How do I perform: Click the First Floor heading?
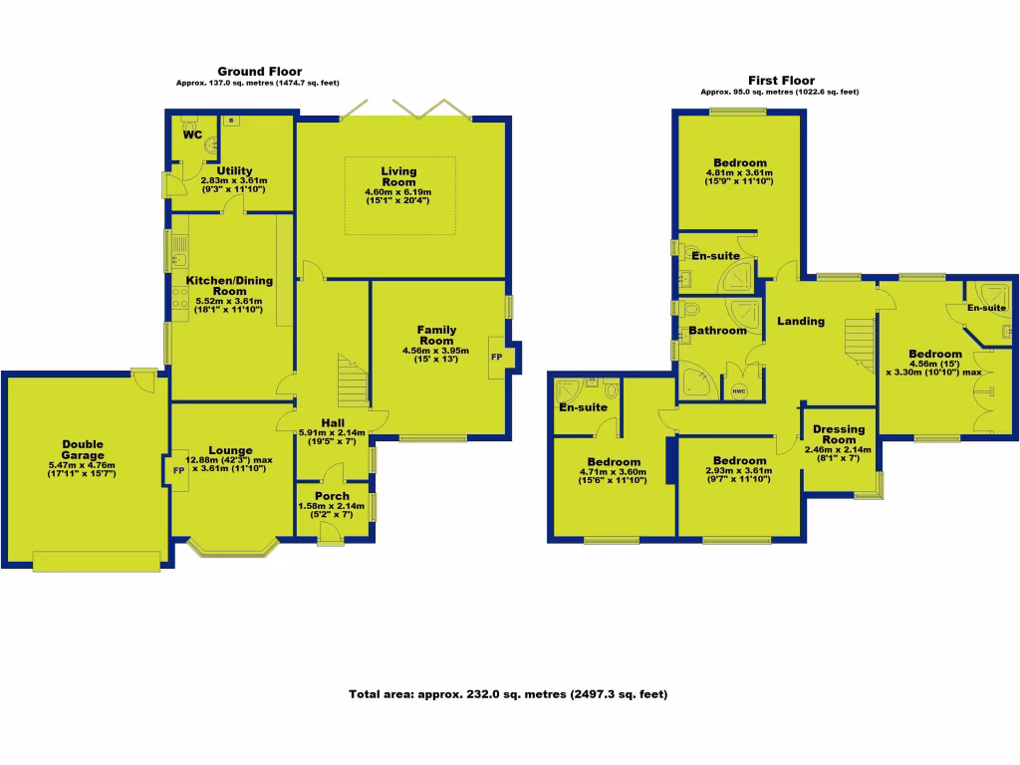(x=781, y=81)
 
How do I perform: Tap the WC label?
(x=192, y=133)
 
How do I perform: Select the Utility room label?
(x=234, y=170)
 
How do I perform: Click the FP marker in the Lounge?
(x=180, y=471)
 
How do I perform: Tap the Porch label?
(x=332, y=496)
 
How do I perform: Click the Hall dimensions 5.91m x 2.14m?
(x=332, y=432)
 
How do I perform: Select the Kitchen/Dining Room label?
(x=222, y=285)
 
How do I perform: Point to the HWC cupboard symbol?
(x=738, y=390)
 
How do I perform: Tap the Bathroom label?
(x=717, y=331)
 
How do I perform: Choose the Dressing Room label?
(x=839, y=434)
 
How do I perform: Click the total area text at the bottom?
(x=508, y=694)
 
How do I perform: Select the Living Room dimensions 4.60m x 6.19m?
(x=399, y=192)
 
